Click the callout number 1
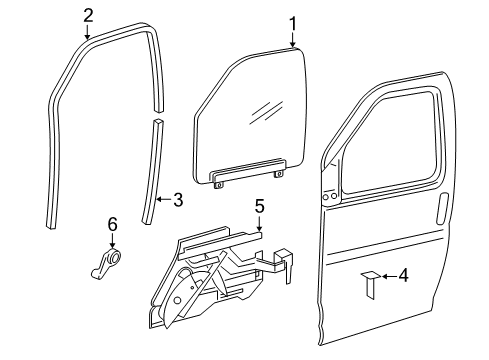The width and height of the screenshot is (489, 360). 293,22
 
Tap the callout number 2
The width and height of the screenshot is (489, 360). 88,14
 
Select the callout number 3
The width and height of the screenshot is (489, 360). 177,199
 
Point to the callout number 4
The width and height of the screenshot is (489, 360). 403,274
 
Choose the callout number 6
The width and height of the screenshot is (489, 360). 112,223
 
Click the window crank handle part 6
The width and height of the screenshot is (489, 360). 111,265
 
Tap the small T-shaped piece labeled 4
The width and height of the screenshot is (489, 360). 368,281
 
